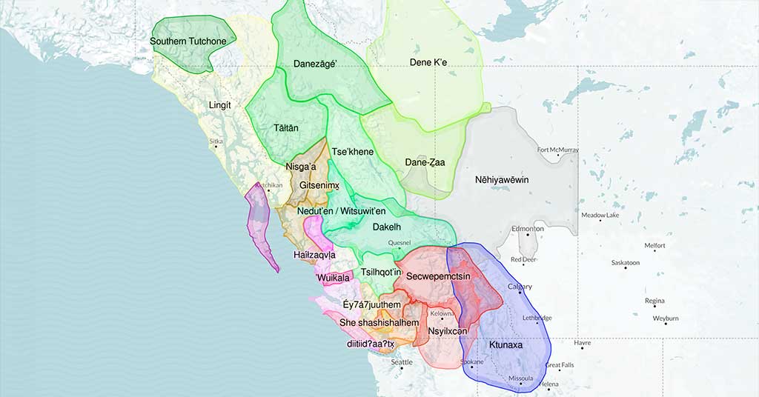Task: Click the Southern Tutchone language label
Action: pos(188,41)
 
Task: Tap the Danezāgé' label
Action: pos(315,64)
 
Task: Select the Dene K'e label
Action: pos(428,62)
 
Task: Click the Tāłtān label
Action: pos(286,128)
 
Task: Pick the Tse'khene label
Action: pos(353,152)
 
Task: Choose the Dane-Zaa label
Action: pos(425,162)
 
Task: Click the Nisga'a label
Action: pos(301,167)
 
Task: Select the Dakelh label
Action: pos(387,227)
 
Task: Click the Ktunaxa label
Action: pos(506,345)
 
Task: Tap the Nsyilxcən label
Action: pos(448,330)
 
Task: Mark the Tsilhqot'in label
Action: pos(381,273)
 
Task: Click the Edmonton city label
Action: pos(528,229)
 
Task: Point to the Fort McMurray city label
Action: pos(558,150)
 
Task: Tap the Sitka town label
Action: pos(216,141)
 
